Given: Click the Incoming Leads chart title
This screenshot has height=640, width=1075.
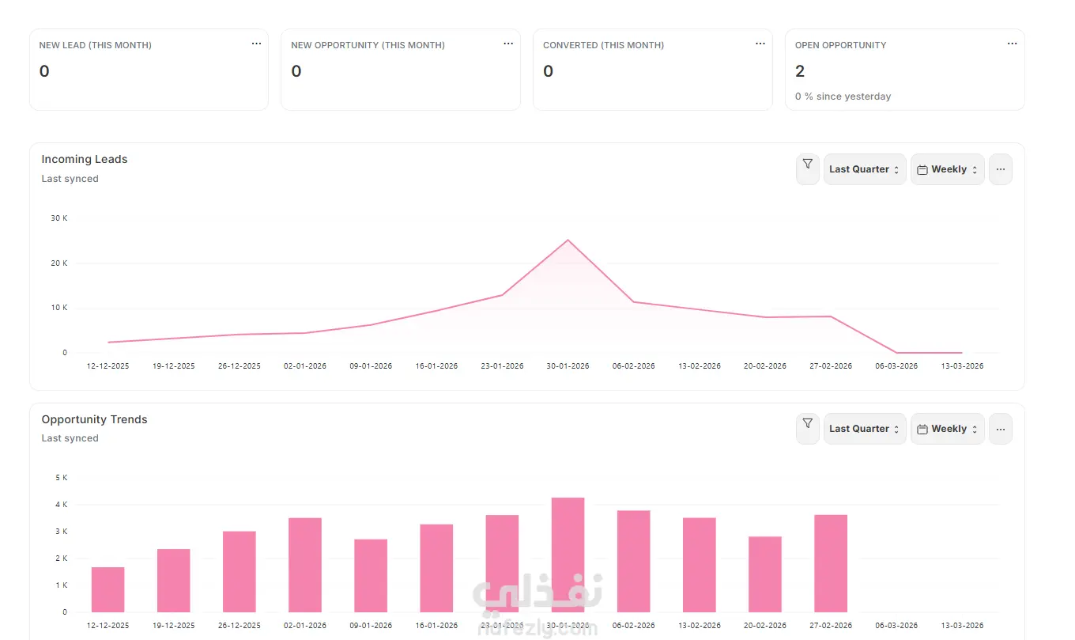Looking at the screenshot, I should click(85, 159).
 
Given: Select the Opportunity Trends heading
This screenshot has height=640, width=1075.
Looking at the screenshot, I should click(94, 419).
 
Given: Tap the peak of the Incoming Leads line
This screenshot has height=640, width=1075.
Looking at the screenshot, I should click(568, 240).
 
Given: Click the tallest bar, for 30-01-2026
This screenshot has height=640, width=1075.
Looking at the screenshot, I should click(568, 554).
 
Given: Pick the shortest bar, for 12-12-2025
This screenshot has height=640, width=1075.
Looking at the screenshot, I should click(107, 589).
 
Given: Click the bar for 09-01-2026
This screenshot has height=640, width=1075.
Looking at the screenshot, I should click(371, 575).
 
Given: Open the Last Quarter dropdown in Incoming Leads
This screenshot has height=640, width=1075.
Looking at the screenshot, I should click(864, 169).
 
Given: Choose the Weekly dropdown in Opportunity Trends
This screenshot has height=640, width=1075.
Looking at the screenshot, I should click(947, 429).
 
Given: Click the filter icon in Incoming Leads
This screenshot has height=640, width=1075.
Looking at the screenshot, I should click(807, 165).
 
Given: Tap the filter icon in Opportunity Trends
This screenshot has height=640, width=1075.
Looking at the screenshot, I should click(807, 424).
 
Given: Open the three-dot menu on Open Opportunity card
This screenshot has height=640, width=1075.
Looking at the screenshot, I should click(1012, 44).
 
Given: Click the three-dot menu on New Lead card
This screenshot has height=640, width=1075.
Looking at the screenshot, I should click(256, 44).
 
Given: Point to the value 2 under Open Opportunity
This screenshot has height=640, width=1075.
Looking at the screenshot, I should click(800, 71).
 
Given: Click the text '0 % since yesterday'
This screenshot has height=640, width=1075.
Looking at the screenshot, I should click(843, 97).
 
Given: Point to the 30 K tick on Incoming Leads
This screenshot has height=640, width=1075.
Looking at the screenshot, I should click(58, 218).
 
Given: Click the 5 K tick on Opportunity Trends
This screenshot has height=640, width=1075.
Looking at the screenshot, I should click(61, 478).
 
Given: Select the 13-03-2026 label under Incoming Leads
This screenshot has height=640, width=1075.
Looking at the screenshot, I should click(962, 366).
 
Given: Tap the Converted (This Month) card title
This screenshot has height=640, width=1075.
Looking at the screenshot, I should click(603, 45).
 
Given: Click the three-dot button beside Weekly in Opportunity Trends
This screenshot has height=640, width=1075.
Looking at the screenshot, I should click(1000, 429).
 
